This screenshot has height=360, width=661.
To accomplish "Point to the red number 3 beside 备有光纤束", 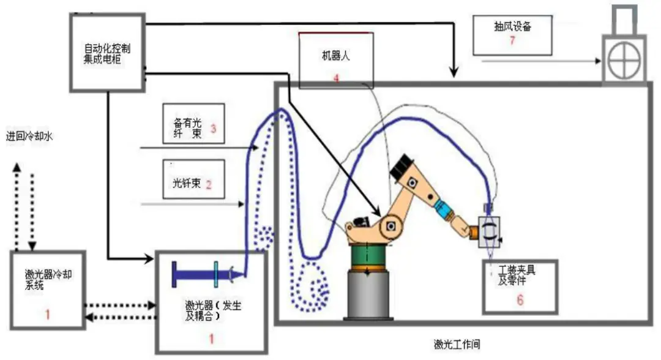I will point(213,129).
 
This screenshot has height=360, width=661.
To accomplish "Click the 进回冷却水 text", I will point(30,137).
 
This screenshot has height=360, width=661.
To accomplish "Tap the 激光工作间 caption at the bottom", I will point(456,345).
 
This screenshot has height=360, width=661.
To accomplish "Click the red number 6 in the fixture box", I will point(520,301).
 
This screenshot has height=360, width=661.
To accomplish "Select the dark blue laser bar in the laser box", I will point(202,273).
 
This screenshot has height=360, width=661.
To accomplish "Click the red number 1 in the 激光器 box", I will point(212,336).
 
